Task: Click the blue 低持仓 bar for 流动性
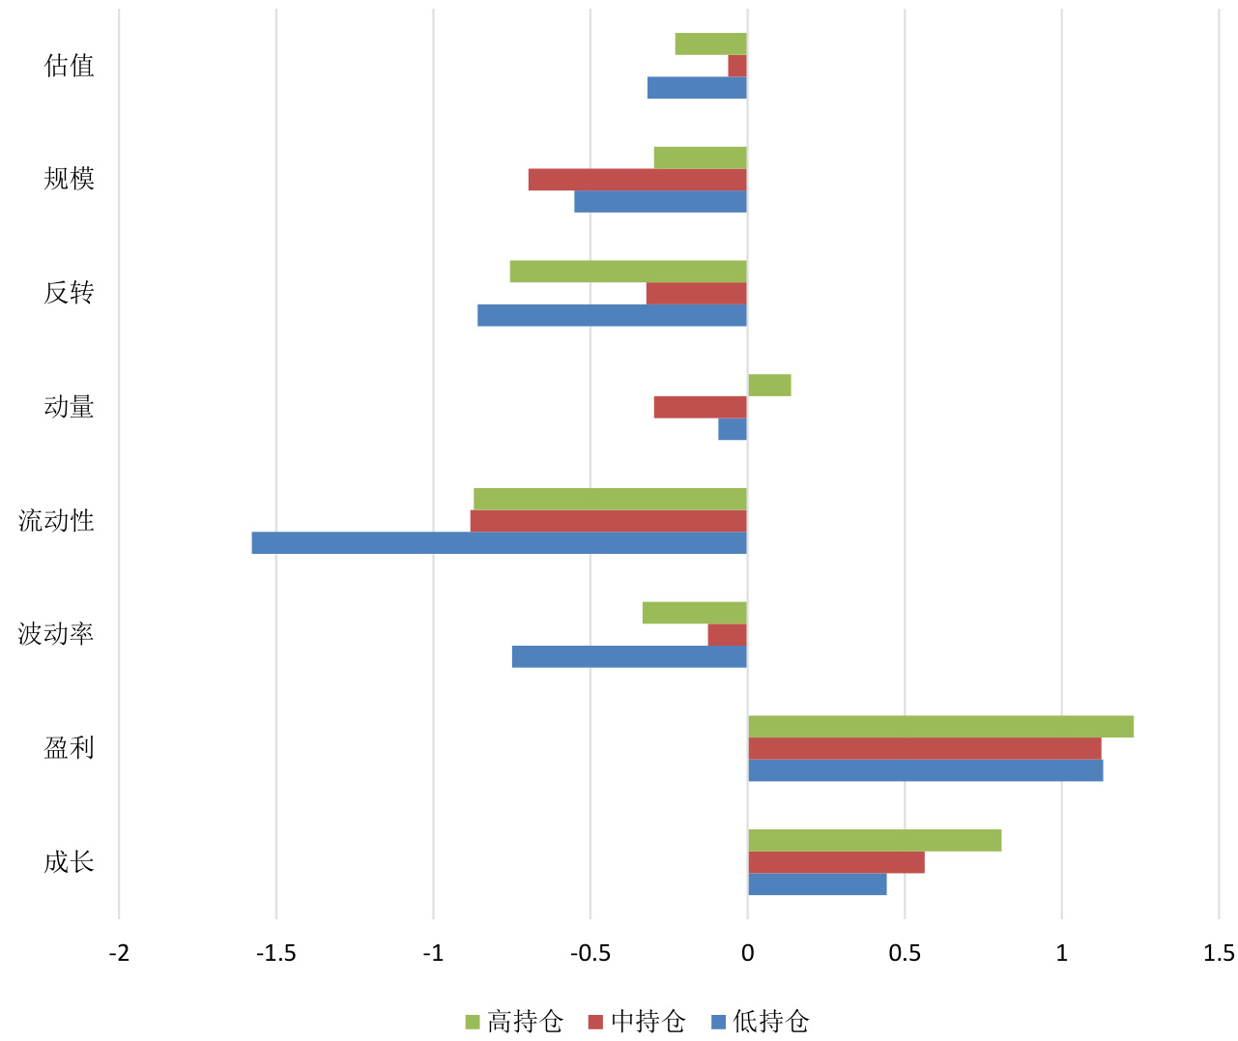(x=499, y=543)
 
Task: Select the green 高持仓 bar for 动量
(x=769, y=385)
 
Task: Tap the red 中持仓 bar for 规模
(x=638, y=180)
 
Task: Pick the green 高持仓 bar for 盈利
(x=940, y=727)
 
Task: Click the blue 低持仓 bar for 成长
(x=817, y=884)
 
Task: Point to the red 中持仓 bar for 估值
(x=737, y=66)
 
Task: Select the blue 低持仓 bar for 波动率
(x=629, y=657)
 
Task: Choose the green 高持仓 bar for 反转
(x=628, y=272)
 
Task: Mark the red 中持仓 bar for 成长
(x=836, y=862)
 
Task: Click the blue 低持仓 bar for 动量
(x=733, y=429)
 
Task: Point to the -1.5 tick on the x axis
(x=275, y=953)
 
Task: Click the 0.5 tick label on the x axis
(x=905, y=953)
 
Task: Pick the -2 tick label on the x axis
(x=119, y=953)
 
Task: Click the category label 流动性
(x=56, y=521)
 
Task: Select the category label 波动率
(x=56, y=634)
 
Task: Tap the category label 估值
(x=69, y=66)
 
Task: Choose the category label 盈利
(x=69, y=748)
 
